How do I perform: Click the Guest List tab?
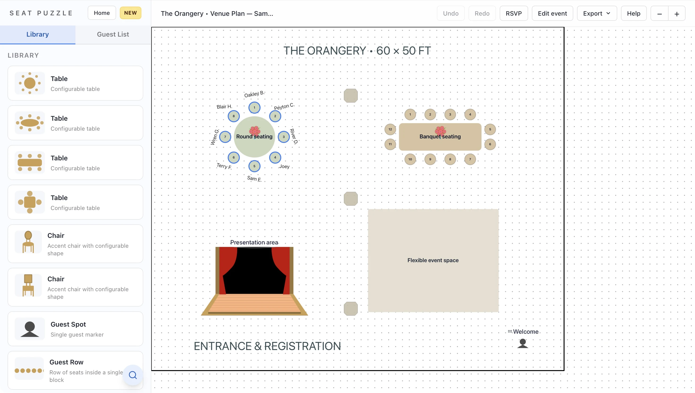pyautogui.click(x=113, y=34)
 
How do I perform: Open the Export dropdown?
pyautogui.click(x=597, y=13)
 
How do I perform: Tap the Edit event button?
pyautogui.click(x=552, y=13)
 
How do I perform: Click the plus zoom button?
pyautogui.click(x=677, y=14)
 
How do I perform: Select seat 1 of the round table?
pyautogui.click(x=254, y=107)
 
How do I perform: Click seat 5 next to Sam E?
pyautogui.click(x=254, y=166)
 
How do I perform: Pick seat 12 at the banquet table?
pyautogui.click(x=390, y=129)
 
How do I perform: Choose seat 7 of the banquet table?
pyautogui.click(x=470, y=159)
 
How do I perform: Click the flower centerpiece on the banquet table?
pyautogui.click(x=440, y=131)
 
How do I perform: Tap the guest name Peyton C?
pyautogui.click(x=284, y=106)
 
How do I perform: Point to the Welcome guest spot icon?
pyautogui.click(x=523, y=343)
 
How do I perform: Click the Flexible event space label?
pyautogui.click(x=433, y=260)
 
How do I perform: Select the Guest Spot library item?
pyautogui.click(x=75, y=329)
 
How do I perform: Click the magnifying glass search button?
pyautogui.click(x=133, y=375)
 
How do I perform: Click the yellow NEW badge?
pyautogui.click(x=130, y=13)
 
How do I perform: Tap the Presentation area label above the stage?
pyautogui.click(x=254, y=242)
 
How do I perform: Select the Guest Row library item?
pyautogui.click(x=75, y=370)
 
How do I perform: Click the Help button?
pyautogui.click(x=634, y=13)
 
